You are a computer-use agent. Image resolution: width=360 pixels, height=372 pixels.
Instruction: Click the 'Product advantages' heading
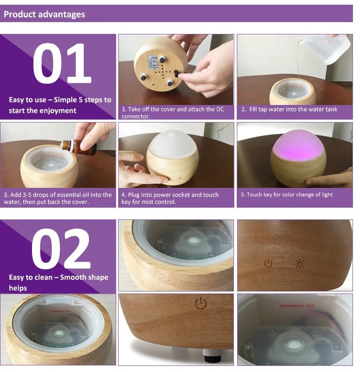click(44, 14)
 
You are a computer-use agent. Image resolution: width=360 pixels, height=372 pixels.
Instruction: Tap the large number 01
click(62, 63)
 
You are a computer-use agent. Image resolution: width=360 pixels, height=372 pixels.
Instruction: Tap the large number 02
click(61, 249)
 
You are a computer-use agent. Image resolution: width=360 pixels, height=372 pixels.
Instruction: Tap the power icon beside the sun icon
click(268, 263)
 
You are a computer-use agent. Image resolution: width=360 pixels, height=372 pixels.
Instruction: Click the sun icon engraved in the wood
click(300, 264)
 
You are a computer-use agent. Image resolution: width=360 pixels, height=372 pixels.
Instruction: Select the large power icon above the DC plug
click(200, 303)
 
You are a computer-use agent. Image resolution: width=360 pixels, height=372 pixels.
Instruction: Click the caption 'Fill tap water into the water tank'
click(293, 109)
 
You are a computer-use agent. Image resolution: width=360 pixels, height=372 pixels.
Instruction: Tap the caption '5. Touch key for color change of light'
click(287, 195)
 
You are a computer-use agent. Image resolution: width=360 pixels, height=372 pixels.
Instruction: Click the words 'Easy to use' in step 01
click(27, 100)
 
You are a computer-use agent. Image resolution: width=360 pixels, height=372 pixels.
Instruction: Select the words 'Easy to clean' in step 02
click(31, 277)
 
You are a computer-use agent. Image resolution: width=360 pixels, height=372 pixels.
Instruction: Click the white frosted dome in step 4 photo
click(172, 144)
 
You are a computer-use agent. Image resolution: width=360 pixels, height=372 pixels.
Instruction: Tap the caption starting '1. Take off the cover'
click(173, 113)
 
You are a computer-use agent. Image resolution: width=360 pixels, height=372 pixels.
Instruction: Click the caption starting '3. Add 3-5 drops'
click(57, 198)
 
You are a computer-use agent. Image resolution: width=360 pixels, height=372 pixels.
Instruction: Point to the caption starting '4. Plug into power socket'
click(170, 198)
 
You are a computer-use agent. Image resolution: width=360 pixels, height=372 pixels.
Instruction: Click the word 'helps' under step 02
click(18, 288)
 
